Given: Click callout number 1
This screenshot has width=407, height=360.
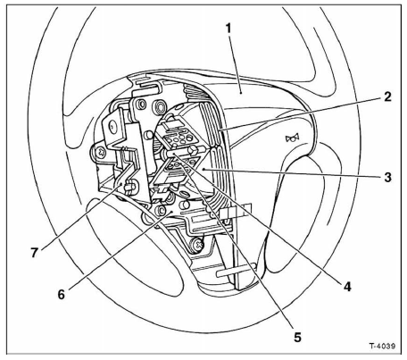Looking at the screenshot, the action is pyautogui.click(x=228, y=29).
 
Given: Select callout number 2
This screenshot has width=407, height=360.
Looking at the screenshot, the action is pyautogui.click(x=387, y=96).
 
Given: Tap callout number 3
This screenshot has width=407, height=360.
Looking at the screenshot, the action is pyautogui.click(x=387, y=178).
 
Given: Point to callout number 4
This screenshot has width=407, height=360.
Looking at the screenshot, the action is pyautogui.click(x=347, y=287).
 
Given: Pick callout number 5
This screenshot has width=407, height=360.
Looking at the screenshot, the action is pyautogui.click(x=297, y=337).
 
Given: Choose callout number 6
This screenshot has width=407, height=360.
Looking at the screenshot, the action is pyautogui.click(x=61, y=295).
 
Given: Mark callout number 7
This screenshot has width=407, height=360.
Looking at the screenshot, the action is pyautogui.click(x=35, y=253).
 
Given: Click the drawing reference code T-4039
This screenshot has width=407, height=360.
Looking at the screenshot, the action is pyautogui.click(x=382, y=346).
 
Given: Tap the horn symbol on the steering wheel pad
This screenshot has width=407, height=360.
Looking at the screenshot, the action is pyautogui.click(x=292, y=138).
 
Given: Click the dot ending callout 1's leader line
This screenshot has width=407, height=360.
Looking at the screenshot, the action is pyautogui.click(x=241, y=93).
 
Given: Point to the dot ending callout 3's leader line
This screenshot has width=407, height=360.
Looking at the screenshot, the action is pyautogui.click(x=203, y=169).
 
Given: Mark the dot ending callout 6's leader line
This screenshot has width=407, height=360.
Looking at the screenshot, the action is pyautogui.click(x=172, y=211).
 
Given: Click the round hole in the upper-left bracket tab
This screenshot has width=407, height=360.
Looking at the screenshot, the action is pyautogui.click(x=112, y=126).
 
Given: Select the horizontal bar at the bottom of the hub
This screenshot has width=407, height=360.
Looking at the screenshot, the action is pyautogui.click(x=236, y=272).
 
